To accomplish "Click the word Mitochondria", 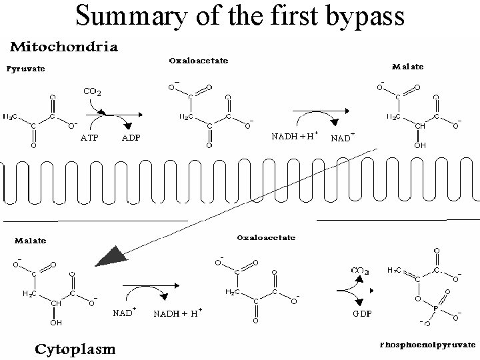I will click(x=63, y=47).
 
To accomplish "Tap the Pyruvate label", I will click(x=26, y=68).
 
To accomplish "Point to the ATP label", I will click(x=91, y=138).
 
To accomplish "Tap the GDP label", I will click(x=362, y=313).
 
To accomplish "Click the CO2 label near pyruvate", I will click(x=92, y=91).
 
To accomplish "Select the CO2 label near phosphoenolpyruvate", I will click(x=361, y=270).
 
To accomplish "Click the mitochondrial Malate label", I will click(x=408, y=66).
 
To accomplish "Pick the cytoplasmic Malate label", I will click(x=26, y=240).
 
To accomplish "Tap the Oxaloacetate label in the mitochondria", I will click(x=198, y=61).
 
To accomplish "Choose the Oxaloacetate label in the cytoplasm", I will click(x=267, y=237).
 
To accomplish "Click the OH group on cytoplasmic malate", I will click(x=56, y=323).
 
